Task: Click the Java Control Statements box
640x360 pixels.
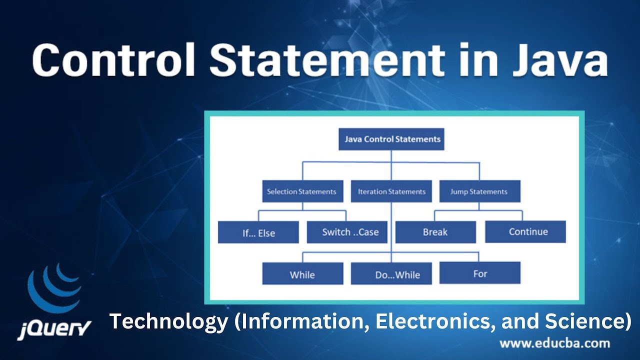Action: [x=391, y=139]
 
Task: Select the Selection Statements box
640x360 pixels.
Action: [x=301, y=191]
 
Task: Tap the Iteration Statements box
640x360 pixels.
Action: [x=391, y=191]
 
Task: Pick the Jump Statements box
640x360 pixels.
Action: [x=478, y=191]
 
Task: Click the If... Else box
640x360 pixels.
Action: [x=258, y=232]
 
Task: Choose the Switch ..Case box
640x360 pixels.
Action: [x=350, y=232]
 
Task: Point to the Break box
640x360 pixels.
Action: [x=435, y=232]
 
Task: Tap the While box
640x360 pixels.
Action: [x=302, y=274]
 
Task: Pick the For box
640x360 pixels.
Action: [x=480, y=273]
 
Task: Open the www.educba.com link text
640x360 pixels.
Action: [x=554, y=343]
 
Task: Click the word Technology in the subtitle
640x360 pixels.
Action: [x=168, y=321]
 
